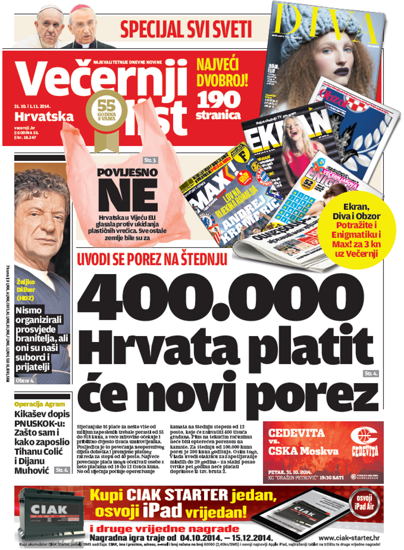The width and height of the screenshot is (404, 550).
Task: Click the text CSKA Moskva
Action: click(x=303, y=451)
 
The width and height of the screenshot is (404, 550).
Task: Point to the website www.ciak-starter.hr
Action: click(x=349, y=538)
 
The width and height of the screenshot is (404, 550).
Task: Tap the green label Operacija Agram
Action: click(x=40, y=404)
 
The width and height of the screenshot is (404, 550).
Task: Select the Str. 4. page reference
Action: click(x=370, y=373)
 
